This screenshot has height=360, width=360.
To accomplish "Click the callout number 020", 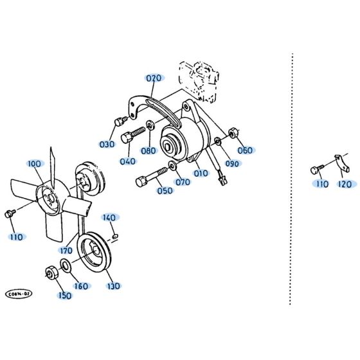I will pyautogui.click(x=154, y=78).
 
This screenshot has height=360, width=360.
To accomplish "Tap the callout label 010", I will pyautogui.click(x=201, y=173).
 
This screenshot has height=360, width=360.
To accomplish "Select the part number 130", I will pyautogui.click(x=113, y=285).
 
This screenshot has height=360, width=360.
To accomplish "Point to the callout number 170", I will pyautogui.click(x=66, y=251).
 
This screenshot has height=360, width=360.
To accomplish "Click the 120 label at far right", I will pyautogui.click(x=345, y=184).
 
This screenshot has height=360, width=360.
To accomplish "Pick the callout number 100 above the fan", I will pyautogui.click(x=34, y=165).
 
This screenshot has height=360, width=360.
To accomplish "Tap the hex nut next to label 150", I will pyautogui.click(x=50, y=273).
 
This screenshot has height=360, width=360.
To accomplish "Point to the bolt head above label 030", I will pyautogui.click(x=119, y=122).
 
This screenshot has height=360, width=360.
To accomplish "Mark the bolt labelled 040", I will pyautogui.click(x=132, y=136).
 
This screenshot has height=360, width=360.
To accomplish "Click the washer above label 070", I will pyautogui.click(x=173, y=167).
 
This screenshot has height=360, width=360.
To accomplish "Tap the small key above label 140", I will pyautogui.click(x=113, y=235).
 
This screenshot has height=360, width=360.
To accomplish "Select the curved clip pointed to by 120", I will pyautogui.click(x=342, y=165).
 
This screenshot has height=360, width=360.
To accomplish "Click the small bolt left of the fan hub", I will pyautogui.click(x=8, y=213).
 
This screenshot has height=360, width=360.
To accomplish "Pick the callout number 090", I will pyautogui.click(x=232, y=164).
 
